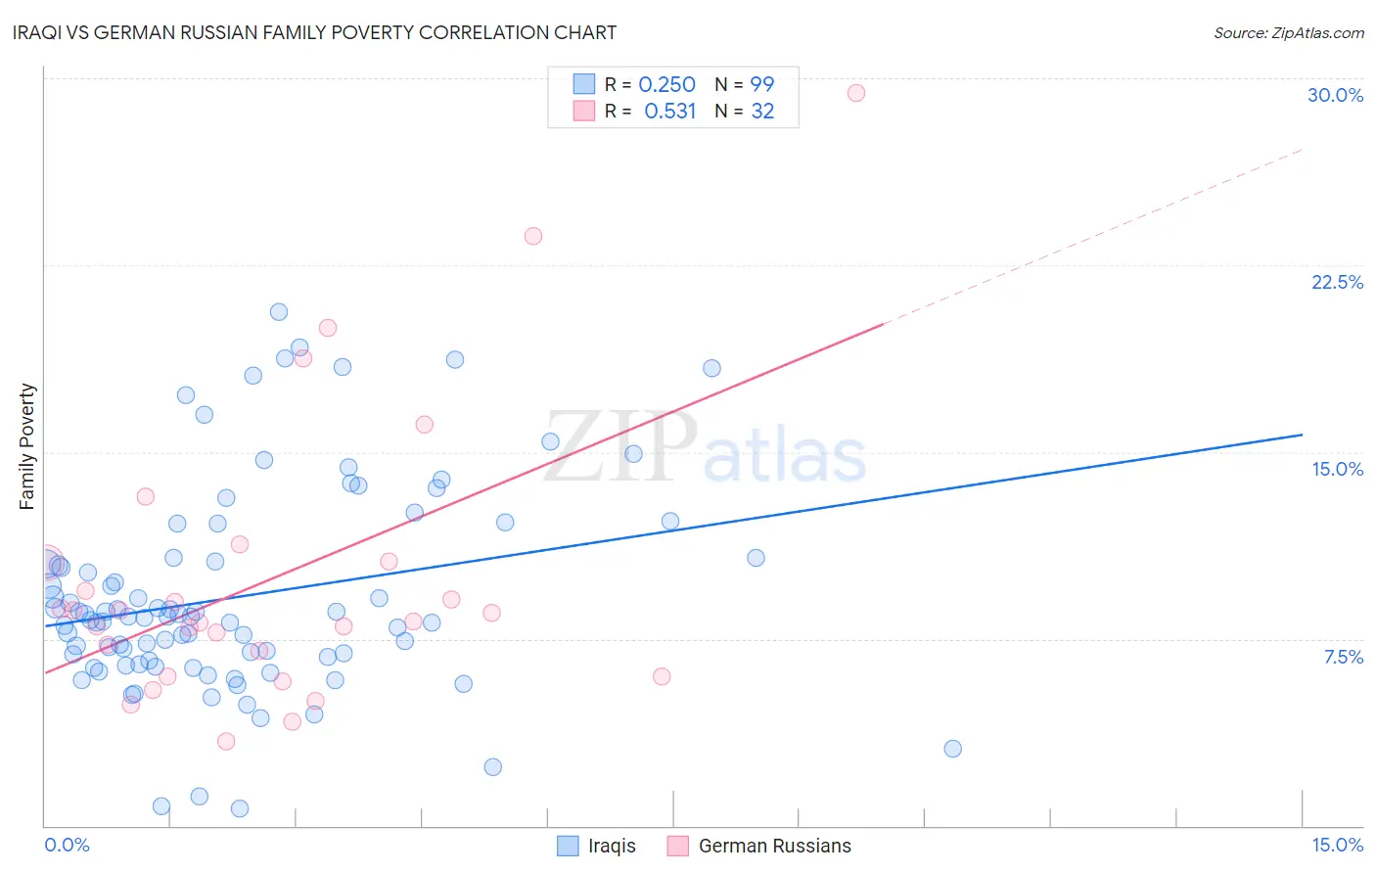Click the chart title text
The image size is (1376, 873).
(x=314, y=32)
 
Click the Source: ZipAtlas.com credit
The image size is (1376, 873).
(x=1288, y=32)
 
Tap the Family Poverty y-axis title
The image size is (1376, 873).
(x=26, y=446)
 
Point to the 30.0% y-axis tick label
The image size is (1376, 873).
(x=1335, y=95)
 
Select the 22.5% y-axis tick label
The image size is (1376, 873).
(x=1337, y=282)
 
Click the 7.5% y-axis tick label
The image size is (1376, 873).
(x=1343, y=657)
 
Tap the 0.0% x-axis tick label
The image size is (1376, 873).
(x=67, y=845)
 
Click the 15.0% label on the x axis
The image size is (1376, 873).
(x=1337, y=845)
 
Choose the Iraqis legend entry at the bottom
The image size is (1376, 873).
(x=597, y=846)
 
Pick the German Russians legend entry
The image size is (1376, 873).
(x=759, y=846)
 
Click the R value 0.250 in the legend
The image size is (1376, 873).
(x=666, y=84)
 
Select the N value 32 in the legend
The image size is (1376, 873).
(x=762, y=112)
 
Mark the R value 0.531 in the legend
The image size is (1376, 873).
(x=669, y=112)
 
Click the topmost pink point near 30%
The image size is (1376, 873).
(x=856, y=93)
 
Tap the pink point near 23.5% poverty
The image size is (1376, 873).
(x=533, y=236)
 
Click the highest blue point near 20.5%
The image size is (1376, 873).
(x=279, y=312)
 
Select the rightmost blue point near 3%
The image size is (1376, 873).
(x=952, y=749)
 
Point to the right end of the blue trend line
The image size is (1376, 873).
(x=1302, y=435)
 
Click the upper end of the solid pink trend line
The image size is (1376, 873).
(x=883, y=324)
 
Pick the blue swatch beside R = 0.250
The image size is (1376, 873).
(x=584, y=84)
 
